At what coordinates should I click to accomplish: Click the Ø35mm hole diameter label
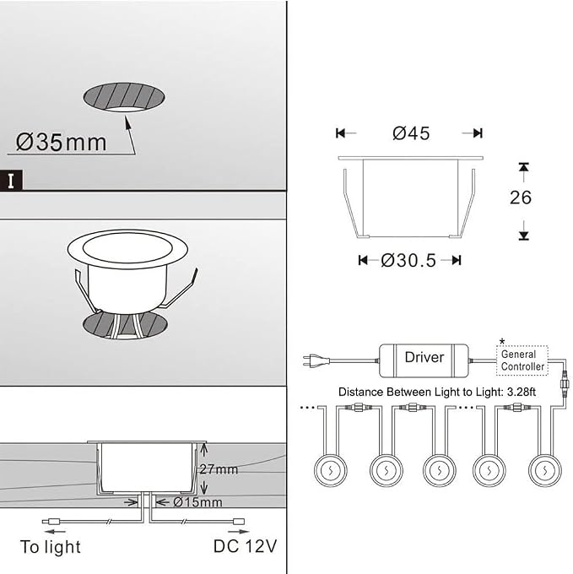[x=61, y=142]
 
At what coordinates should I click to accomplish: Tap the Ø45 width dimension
[x=411, y=133]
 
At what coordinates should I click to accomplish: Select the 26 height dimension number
[x=521, y=198]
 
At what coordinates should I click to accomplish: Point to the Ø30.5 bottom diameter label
[x=408, y=261]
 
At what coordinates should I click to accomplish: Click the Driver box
[x=424, y=360]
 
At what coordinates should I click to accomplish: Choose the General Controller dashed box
[x=522, y=360]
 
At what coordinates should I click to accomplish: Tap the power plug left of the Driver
[x=316, y=360]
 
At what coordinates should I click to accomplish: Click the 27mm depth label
[x=219, y=469]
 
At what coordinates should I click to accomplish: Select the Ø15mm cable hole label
[x=197, y=502]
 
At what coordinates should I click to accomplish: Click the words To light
[x=51, y=547]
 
